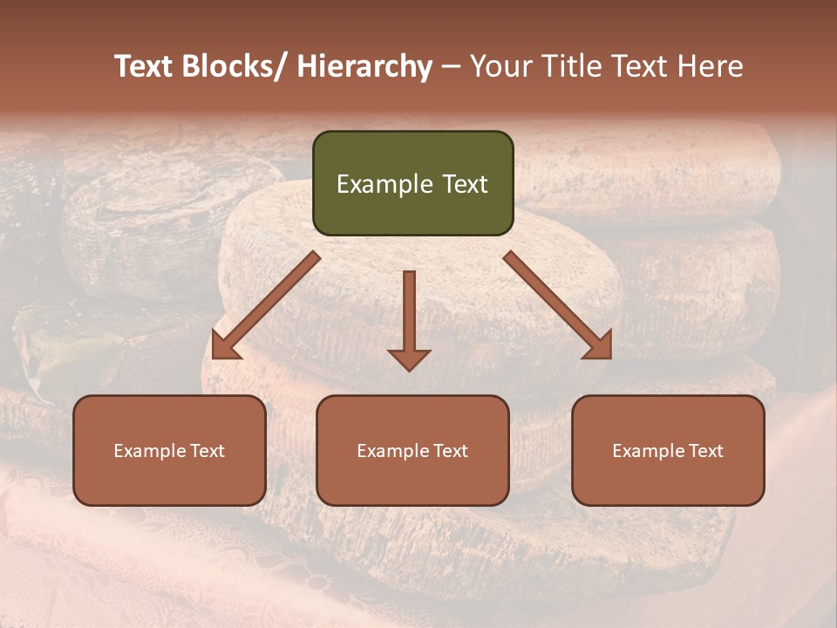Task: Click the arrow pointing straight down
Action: (x=409, y=318)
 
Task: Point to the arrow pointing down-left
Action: (x=266, y=305)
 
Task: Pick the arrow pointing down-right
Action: (x=558, y=305)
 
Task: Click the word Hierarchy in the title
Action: (x=364, y=66)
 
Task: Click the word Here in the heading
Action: (x=711, y=66)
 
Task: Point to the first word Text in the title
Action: (x=145, y=66)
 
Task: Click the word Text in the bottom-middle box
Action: (x=450, y=451)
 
